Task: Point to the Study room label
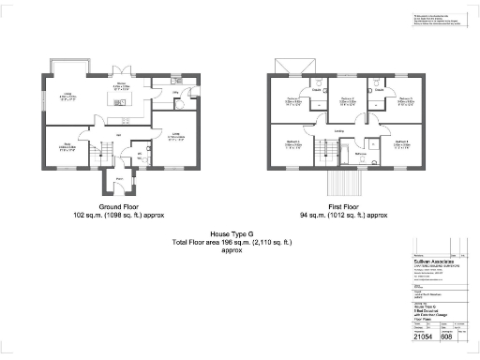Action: click(67, 147)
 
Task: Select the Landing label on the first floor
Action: click(338, 130)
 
